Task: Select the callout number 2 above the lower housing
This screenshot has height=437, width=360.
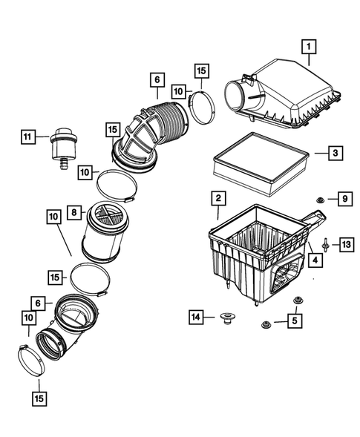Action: click(218, 199)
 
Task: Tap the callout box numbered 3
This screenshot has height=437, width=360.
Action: click(335, 153)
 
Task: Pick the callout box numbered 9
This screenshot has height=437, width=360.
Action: click(344, 198)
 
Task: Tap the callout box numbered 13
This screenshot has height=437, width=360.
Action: click(346, 243)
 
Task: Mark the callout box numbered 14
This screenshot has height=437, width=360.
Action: click(195, 318)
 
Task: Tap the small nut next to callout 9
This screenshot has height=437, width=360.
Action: click(318, 199)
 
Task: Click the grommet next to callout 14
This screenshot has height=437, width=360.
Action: click(227, 320)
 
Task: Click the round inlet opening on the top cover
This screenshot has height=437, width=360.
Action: click(240, 96)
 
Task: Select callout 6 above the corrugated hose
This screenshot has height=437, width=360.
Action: click(157, 79)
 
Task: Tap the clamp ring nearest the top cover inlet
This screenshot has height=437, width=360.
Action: click(201, 103)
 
